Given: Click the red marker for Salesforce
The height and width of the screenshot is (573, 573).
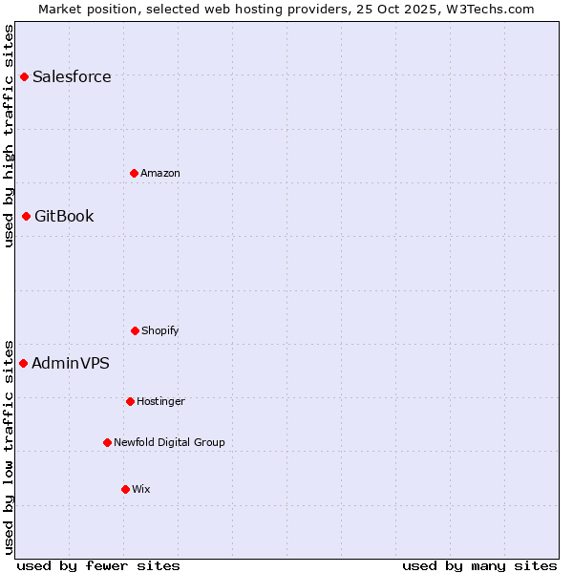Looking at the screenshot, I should point(24,76).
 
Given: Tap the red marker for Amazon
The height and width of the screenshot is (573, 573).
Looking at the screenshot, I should point(134,173).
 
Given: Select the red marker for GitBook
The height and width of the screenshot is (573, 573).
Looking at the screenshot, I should point(26,216).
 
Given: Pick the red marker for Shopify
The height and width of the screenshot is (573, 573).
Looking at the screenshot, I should point(135,330).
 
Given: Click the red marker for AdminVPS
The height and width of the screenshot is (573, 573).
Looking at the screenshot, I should point(23,363).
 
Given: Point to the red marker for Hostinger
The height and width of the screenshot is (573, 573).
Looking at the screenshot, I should point(130,401).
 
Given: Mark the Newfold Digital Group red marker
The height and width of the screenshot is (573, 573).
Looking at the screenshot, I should point(107,442).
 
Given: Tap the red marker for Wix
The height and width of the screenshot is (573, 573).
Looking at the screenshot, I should point(125,489).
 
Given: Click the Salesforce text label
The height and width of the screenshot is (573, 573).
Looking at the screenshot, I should point(72,77).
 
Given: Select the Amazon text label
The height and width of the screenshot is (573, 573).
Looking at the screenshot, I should point(160,174).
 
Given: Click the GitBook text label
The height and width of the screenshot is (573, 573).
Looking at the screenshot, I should point(64,217).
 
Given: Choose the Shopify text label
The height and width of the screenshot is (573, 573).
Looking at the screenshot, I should point(160,331).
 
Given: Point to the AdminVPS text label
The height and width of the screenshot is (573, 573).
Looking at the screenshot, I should point(71,364).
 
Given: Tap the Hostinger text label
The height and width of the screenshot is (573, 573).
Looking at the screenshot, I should point(160,402).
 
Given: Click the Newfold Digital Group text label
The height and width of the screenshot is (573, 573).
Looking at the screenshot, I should point(169,443).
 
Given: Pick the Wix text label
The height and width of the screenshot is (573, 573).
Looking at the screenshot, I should point(141,490).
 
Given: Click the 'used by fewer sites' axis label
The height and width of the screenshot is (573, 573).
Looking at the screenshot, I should point(98,565).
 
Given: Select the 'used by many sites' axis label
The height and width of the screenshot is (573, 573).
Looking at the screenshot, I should point(479,565).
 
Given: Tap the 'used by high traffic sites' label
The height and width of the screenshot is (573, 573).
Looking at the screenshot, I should point(9,136).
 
